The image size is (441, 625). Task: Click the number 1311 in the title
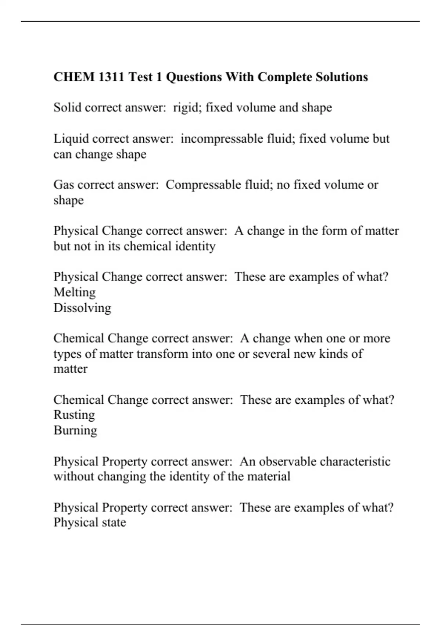[111, 77]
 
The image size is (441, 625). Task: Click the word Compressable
[203, 185]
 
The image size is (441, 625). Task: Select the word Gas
[64, 185]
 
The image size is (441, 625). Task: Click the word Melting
[75, 292]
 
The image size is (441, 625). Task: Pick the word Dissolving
[82, 308]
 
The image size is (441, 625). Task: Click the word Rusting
[74, 415]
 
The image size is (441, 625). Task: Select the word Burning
[75, 430]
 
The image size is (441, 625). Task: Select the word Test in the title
[140, 77]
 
